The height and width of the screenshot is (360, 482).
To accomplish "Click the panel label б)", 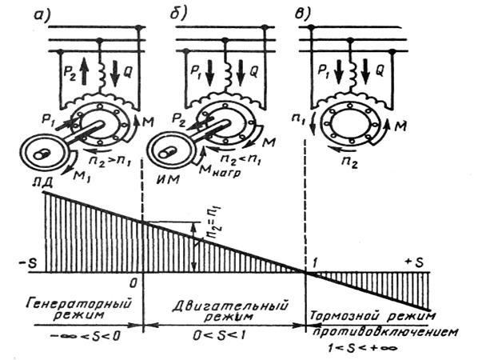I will (177, 11).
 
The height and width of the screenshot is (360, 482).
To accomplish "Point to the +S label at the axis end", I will (415, 263).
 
